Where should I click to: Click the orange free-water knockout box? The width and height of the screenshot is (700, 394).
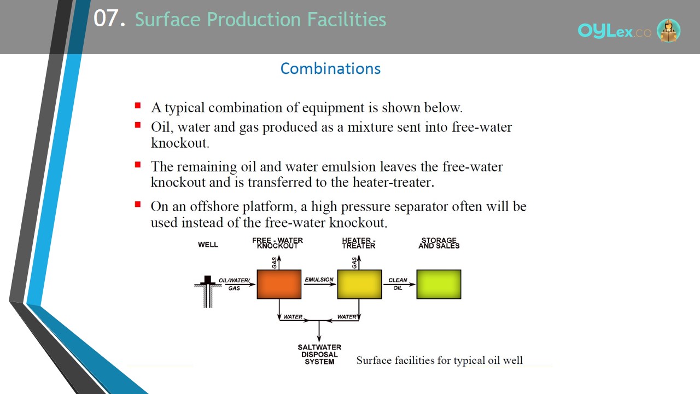pyautogui.click(x=279, y=284)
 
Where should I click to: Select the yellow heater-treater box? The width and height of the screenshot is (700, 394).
pyautogui.click(x=359, y=284)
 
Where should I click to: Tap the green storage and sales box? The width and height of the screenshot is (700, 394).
pyautogui.click(x=439, y=284)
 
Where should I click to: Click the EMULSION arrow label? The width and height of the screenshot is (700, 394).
pyautogui.click(x=319, y=280)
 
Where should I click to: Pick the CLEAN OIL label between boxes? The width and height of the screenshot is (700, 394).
pyautogui.click(x=398, y=284)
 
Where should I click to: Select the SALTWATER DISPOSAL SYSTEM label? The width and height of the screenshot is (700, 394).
pyautogui.click(x=319, y=355)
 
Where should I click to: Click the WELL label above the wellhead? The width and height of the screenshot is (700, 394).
pyautogui.click(x=208, y=245)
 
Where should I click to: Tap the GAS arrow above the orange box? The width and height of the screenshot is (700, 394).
pyautogui.click(x=279, y=262)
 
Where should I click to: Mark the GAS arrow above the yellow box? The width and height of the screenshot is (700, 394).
pyautogui.click(x=359, y=262)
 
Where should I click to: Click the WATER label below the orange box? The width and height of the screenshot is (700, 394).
pyautogui.click(x=293, y=317)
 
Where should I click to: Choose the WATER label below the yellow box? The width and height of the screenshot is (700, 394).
pyautogui.click(x=347, y=317)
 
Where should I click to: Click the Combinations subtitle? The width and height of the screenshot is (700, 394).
pyautogui.click(x=330, y=69)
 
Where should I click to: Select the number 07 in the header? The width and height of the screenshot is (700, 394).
pyautogui.click(x=106, y=19)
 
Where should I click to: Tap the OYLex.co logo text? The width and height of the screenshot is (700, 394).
pyautogui.click(x=615, y=31)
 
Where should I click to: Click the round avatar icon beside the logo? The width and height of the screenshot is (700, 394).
pyautogui.click(x=668, y=30)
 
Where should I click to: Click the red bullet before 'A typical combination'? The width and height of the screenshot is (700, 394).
pyautogui.click(x=138, y=106)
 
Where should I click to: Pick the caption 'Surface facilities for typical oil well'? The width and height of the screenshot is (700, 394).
pyautogui.click(x=439, y=360)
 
